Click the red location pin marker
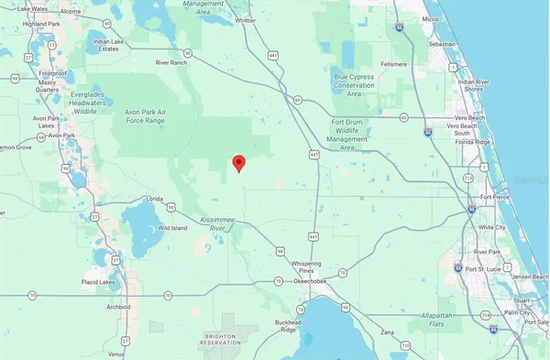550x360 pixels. click(x=239, y=163)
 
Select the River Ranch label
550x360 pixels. click(x=171, y=63)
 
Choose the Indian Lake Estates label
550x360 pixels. click(x=109, y=46)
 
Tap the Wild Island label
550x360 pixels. click(x=171, y=227)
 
